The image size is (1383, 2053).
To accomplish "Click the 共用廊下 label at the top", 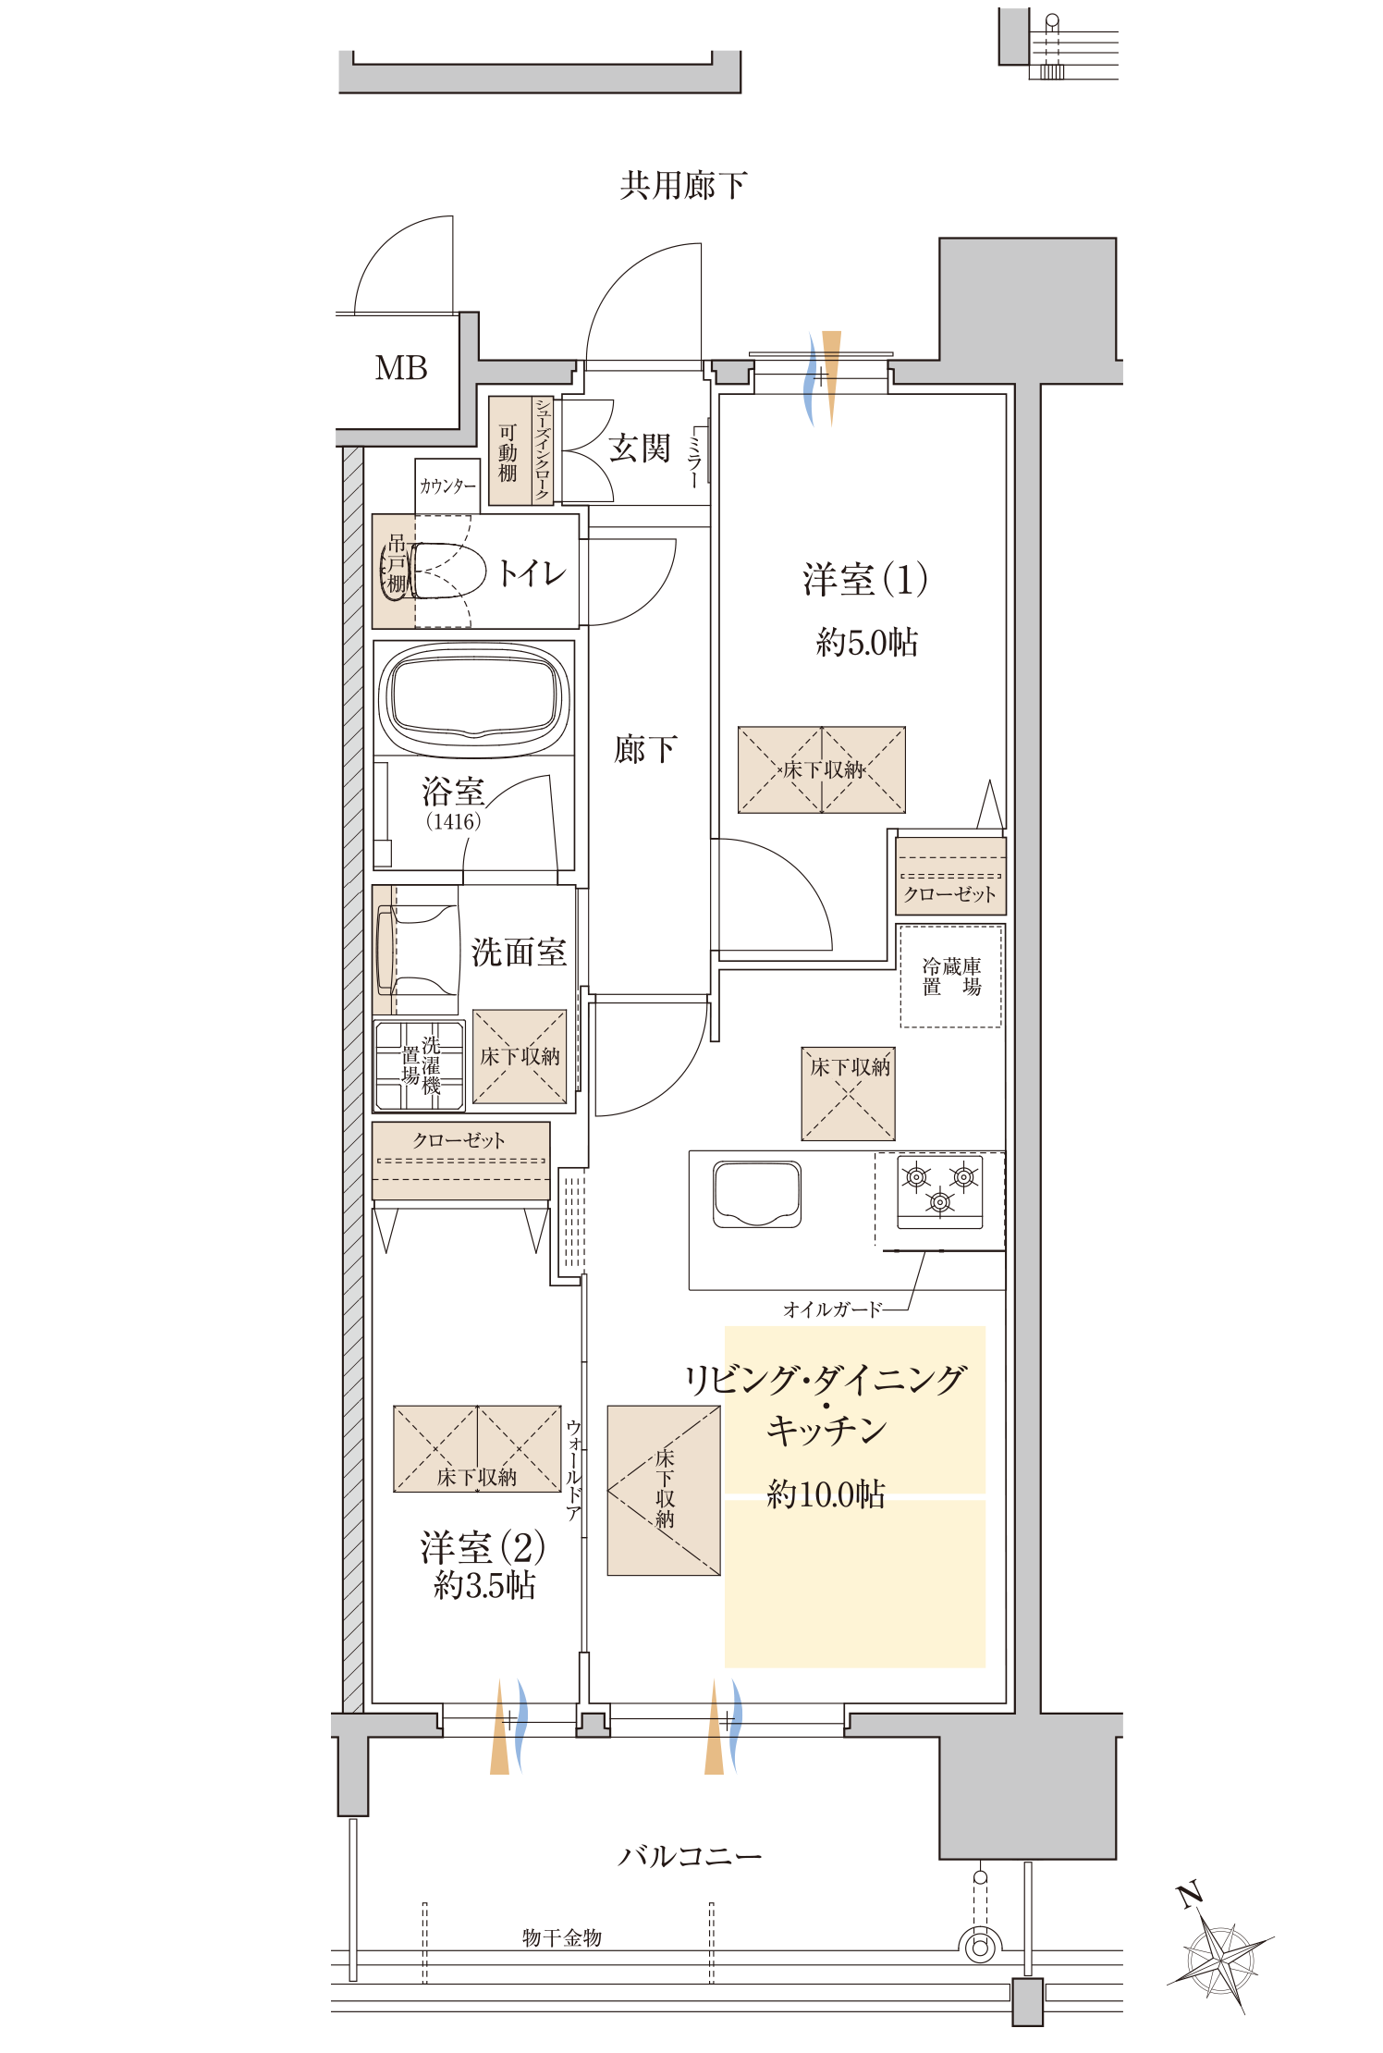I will pyautogui.click(x=682, y=186).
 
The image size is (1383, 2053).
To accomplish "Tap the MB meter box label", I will pyautogui.click(x=400, y=368).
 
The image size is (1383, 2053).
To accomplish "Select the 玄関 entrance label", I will pyautogui.click(x=639, y=449).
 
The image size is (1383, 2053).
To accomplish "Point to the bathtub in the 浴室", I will pyautogui.click(x=474, y=698).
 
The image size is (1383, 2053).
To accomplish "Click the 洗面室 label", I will pyautogui.click(x=519, y=952).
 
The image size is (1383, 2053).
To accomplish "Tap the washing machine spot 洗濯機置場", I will pyautogui.click(x=420, y=1065).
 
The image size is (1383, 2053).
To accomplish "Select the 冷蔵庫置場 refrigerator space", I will pyautogui.click(x=951, y=977).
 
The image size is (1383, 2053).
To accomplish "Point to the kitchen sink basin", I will pyautogui.click(x=756, y=1194).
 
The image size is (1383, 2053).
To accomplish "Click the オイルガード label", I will pyautogui.click(x=832, y=1309).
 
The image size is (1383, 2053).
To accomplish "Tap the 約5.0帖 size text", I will pyautogui.click(x=866, y=642).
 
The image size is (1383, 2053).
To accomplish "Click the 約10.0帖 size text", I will pyautogui.click(x=826, y=1494).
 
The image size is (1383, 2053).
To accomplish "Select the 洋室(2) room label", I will pyautogui.click(x=482, y=1547).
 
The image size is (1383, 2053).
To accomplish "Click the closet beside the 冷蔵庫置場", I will pyautogui.click(x=950, y=877).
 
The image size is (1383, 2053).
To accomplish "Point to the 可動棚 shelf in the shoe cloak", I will pyautogui.click(x=508, y=451).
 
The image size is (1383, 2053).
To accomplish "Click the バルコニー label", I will pyautogui.click(x=690, y=1856).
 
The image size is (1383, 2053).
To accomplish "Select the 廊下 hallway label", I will pyautogui.click(x=645, y=749).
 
